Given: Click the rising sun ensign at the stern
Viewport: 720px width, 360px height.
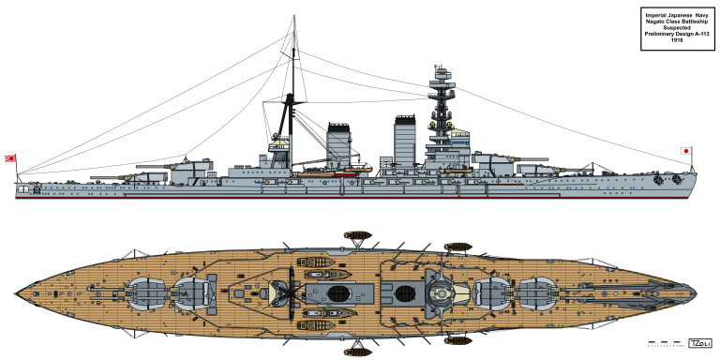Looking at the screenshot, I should pos(12,158).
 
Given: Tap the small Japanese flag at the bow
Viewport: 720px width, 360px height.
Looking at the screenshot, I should pos(684,150).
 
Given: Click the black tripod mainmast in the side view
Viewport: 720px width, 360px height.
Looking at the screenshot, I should pos(292,112).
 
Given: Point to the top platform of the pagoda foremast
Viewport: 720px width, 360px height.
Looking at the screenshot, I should pos(439,71).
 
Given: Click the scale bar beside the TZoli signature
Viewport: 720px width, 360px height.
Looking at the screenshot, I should pos(665,345).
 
